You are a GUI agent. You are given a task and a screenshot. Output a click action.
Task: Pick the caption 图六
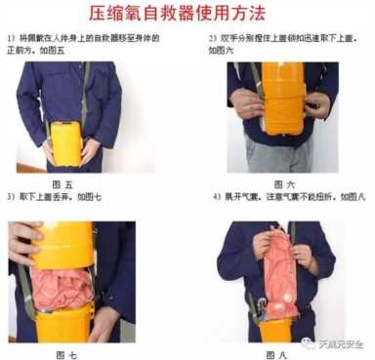[284, 182]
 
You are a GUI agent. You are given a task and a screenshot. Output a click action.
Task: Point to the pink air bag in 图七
[59, 293]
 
